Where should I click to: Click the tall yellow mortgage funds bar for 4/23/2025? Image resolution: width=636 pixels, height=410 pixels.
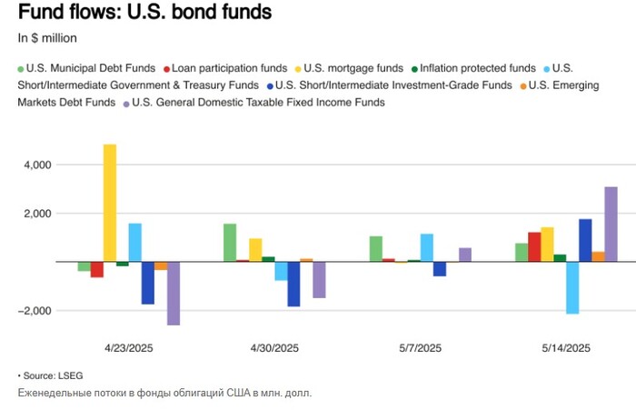pyautogui.click(x=109, y=203)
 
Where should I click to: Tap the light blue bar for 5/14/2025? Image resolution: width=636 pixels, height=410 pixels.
pyautogui.click(x=572, y=287)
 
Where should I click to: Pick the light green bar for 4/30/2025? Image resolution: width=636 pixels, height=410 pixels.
pyautogui.click(x=230, y=243)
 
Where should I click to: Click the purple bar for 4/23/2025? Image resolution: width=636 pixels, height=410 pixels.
pyautogui.click(x=174, y=293)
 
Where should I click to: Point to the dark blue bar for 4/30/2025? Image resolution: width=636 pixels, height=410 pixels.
pyautogui.click(x=293, y=284)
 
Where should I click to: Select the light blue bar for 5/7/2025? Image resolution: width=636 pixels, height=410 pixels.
pyautogui.click(x=427, y=247)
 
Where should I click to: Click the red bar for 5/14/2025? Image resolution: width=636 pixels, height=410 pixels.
pyautogui.click(x=534, y=246)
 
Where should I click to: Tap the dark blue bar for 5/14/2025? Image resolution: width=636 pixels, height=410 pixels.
pyautogui.click(x=585, y=240)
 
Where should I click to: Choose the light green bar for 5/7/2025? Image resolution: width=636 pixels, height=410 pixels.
pyautogui.click(x=376, y=248)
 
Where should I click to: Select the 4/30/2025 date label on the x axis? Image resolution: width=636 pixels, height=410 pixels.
pyautogui.click(x=274, y=348)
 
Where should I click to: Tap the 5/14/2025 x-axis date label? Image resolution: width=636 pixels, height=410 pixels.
pyautogui.click(x=566, y=348)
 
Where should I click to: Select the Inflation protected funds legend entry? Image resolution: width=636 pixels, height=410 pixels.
pyautogui.click(x=472, y=68)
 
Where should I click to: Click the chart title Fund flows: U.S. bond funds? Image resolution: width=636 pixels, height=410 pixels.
pyautogui.click(x=144, y=14)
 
